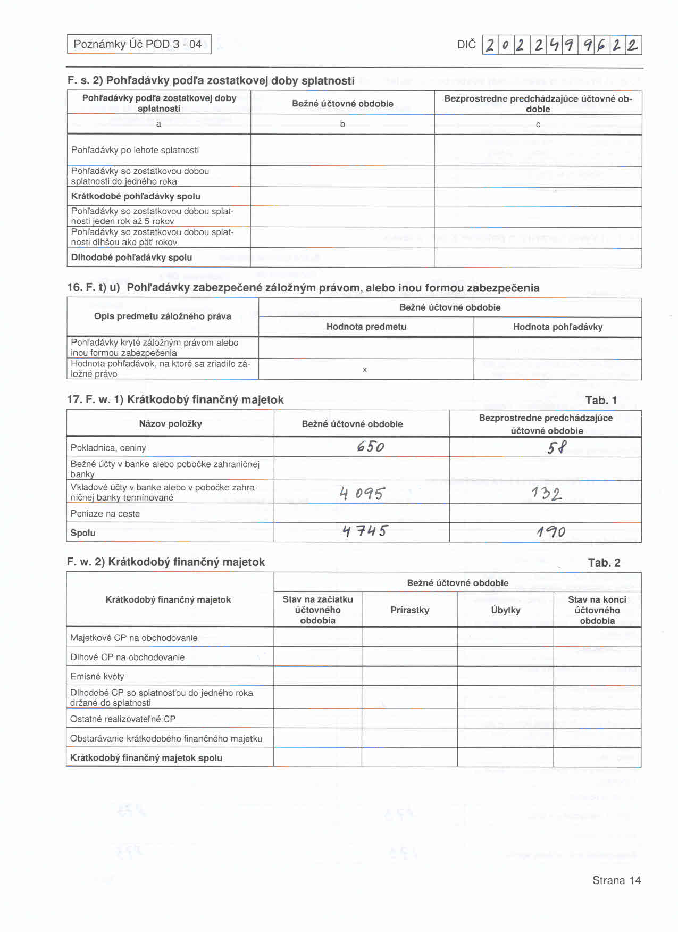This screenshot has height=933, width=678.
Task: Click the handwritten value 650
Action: coord(371,446)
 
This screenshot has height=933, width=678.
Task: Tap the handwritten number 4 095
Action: coord(362,494)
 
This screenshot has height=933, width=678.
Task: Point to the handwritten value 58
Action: coord(557,447)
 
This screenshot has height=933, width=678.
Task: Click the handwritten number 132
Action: coord(546,494)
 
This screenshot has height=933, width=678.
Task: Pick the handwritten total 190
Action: coord(551,531)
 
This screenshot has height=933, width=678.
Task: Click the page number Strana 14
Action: coord(616,880)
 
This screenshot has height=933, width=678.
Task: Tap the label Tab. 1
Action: coord(601,400)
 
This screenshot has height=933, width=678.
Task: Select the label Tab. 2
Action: coord(604,562)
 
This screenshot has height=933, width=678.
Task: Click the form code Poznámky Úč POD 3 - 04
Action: coord(138,44)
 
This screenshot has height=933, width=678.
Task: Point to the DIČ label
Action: coord(466,45)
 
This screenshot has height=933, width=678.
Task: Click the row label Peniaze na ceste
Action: coord(105,514)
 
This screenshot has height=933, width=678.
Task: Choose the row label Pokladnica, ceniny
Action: coord(108,448)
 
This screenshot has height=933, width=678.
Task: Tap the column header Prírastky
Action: coord(409,610)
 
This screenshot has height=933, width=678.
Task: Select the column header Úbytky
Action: coord(505,610)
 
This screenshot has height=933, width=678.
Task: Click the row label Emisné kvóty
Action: coord(97,677)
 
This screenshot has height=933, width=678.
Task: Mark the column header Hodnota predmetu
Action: coord(366,327)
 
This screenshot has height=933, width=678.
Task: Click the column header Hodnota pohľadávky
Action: coord(558,327)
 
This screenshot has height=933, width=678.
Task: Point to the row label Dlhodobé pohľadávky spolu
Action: coord(131,257)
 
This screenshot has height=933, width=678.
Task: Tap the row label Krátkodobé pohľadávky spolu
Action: coord(136,196)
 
